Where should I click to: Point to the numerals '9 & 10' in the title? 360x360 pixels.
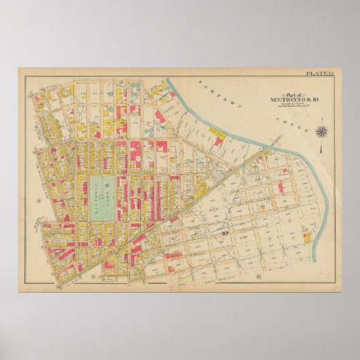click(298, 100)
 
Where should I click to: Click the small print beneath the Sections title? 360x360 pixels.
click(286, 105)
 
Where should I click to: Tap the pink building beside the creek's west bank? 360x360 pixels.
click(219, 141)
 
